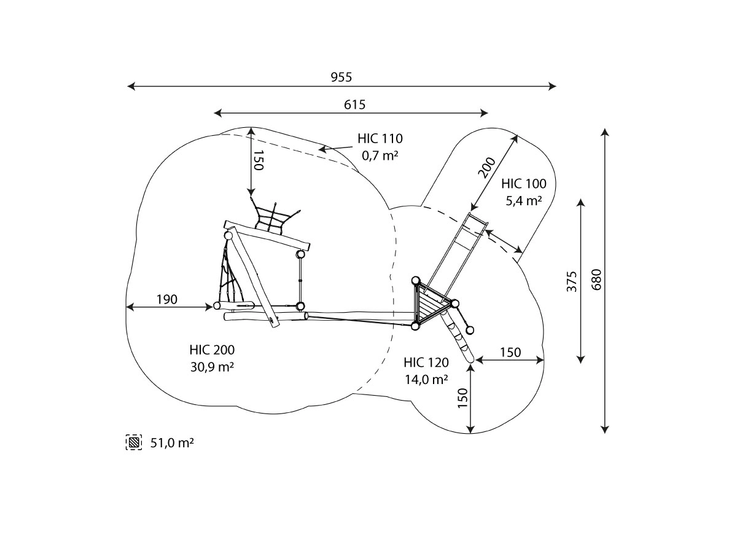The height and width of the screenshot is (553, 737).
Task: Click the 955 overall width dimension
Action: click(341, 77)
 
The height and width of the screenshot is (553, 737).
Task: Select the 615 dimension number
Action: click(354, 104)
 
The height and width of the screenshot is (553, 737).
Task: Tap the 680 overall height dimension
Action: click(596, 280)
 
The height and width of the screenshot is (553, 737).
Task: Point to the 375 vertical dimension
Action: click(571, 281)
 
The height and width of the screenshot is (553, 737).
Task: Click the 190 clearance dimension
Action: click(167, 299)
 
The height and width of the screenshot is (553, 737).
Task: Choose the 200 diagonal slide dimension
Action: click(487, 167)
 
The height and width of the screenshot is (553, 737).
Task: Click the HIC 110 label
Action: click(380, 138)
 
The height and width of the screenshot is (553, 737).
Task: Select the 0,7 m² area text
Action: click(380, 155)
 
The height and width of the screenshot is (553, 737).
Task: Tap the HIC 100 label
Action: click(524, 184)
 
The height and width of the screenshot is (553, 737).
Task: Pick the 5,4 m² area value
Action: click(524, 201)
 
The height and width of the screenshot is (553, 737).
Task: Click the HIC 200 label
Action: click(212, 350)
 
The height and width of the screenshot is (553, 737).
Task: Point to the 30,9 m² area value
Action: click(212, 367)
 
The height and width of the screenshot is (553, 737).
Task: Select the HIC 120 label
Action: click(426, 363)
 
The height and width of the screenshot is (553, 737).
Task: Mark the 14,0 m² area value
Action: click(426, 380)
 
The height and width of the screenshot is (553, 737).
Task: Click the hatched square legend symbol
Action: click(134, 442)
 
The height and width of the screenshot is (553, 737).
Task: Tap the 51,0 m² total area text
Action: click(172, 443)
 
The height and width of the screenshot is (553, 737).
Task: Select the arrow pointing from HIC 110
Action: click(335, 148)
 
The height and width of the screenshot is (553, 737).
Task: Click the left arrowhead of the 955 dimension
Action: click(131, 86)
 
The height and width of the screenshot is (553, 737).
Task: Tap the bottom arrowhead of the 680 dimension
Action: click(605, 429)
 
